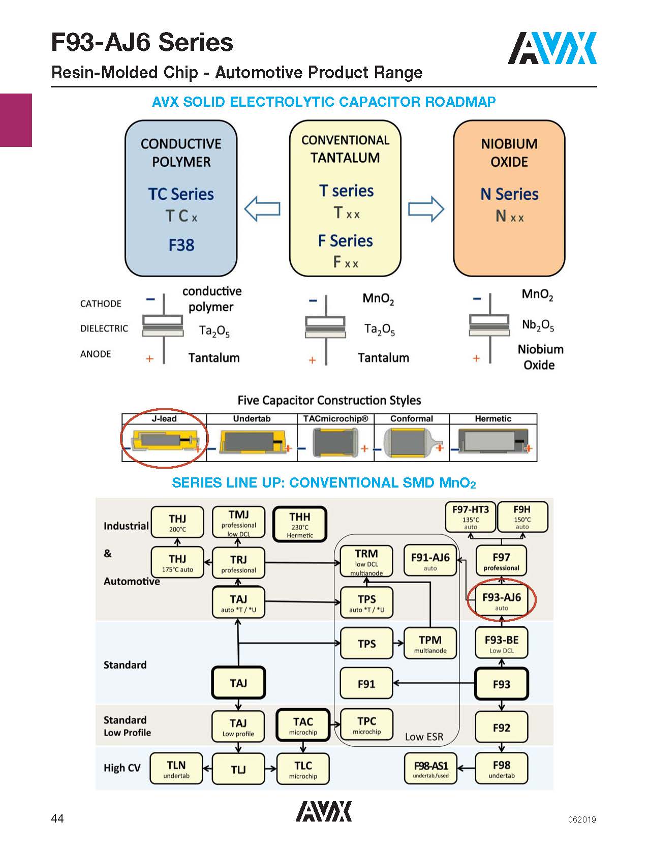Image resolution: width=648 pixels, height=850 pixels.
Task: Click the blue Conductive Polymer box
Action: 181,198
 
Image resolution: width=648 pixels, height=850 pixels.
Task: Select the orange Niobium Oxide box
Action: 509,198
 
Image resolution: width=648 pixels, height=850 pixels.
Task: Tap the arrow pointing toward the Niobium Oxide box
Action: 426,208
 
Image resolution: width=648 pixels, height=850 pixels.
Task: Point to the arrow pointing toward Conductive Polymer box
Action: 262,208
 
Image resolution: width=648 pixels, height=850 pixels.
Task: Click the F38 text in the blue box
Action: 181,245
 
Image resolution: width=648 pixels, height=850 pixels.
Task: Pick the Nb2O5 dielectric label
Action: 538,325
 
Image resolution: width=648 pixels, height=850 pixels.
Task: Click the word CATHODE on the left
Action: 101,303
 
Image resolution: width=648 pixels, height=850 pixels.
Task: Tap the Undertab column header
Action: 252,419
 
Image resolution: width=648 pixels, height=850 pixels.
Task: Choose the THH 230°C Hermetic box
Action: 300,524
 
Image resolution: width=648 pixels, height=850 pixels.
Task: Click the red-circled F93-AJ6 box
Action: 502,600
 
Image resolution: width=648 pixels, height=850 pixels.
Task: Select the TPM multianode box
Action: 430,643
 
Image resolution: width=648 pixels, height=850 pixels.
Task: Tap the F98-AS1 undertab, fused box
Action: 430,768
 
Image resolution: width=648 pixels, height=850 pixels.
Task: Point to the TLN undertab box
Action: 176,768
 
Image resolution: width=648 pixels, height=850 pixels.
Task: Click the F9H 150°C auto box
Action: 522,517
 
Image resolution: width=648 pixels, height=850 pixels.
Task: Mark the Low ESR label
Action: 424,737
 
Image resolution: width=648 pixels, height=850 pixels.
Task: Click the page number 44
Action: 57,818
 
